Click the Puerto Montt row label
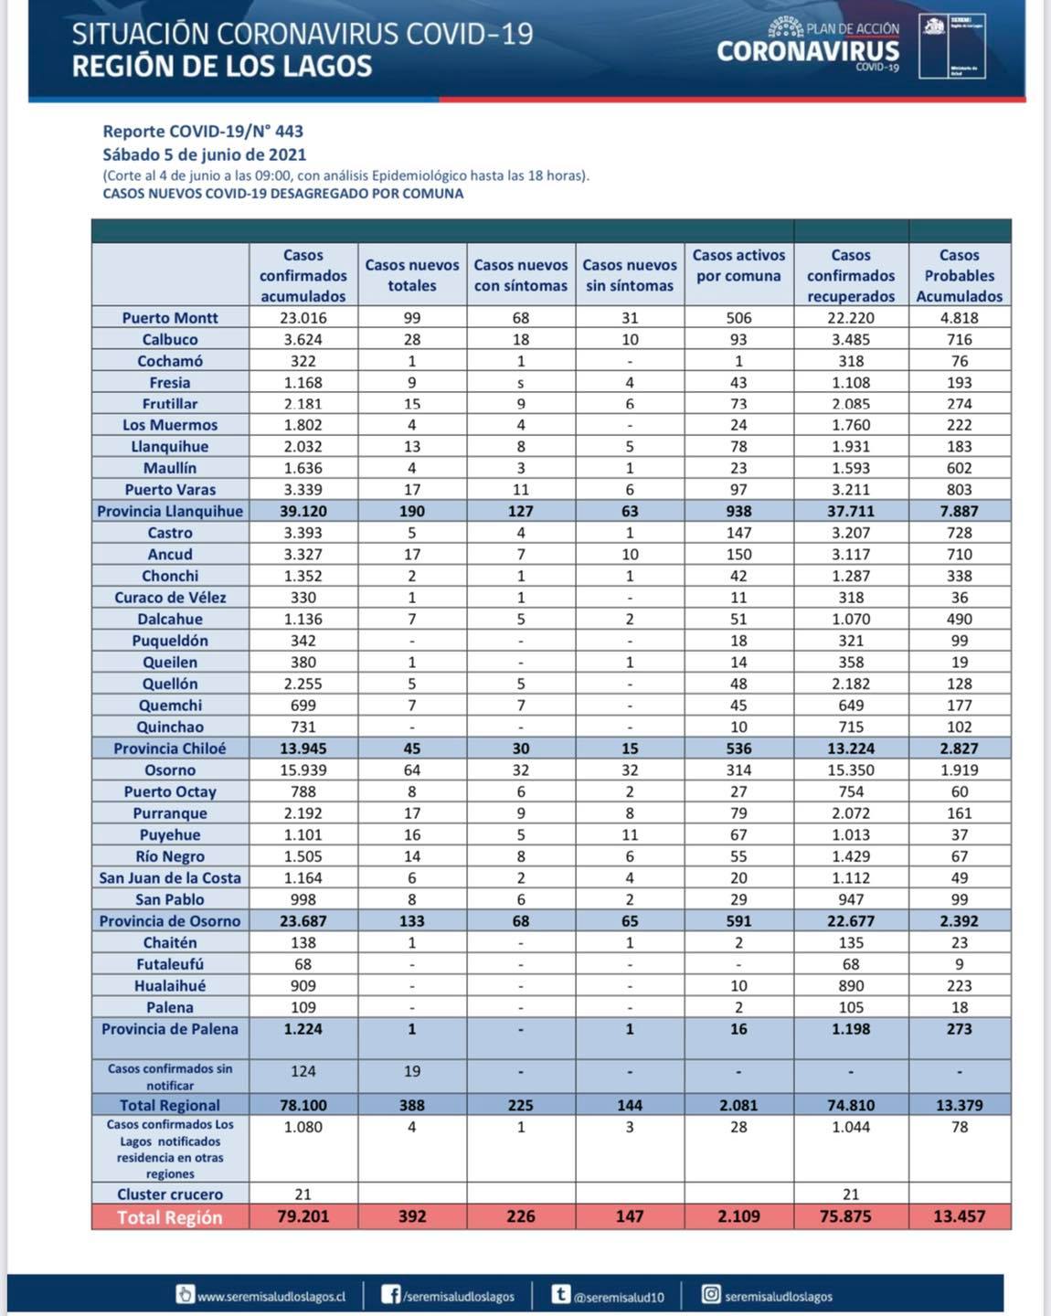coord(170,318)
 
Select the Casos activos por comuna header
coord(738,266)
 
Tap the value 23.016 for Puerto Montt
coord(303,318)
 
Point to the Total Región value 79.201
coord(303,1216)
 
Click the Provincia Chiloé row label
coord(170,748)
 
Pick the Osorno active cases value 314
coord(738,770)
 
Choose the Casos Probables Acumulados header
coord(960,275)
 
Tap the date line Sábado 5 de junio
coord(204,154)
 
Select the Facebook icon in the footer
coord(391,1295)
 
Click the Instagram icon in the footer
coord(711,1294)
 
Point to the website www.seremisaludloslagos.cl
coord(271,1297)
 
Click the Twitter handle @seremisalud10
coord(619,1297)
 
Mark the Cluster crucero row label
coord(170,1194)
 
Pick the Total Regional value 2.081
coord(738,1105)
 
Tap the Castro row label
coord(170,533)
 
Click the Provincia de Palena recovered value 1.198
coord(851,1029)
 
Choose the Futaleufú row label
coord(170,964)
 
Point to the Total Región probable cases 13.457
coord(960,1216)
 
